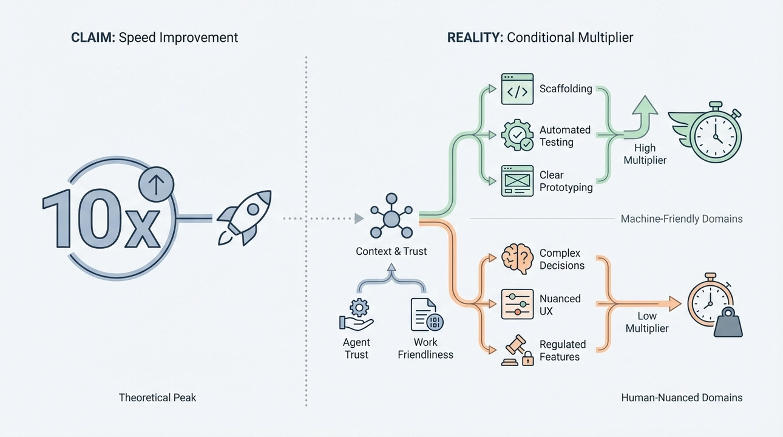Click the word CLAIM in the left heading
92,38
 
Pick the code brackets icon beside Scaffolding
517,89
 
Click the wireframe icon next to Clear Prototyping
517,181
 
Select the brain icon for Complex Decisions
517,259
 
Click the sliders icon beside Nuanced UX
517,305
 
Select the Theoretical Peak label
157,398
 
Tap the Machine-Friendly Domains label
681,218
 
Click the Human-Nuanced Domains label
682,398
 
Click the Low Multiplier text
647,322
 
